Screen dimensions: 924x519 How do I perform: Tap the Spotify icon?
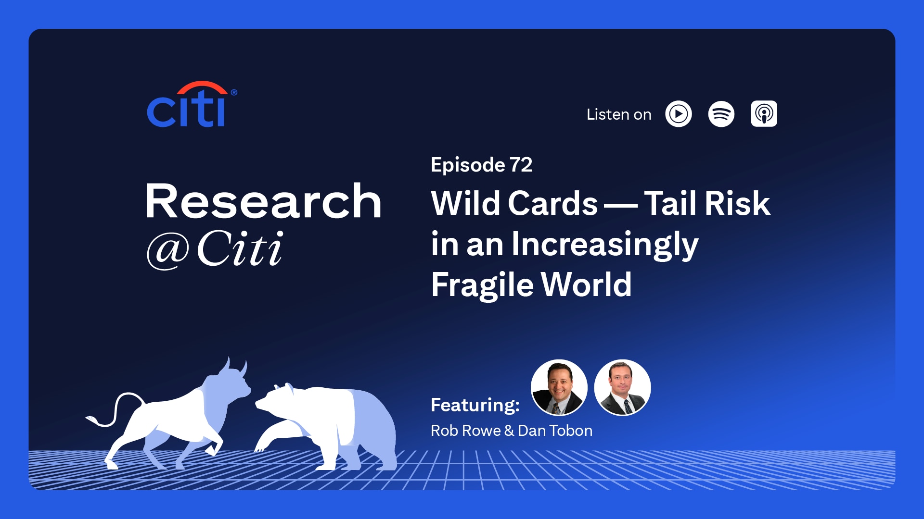(721, 114)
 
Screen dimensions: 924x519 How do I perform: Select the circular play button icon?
(679, 114)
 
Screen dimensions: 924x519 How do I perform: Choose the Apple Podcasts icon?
(764, 114)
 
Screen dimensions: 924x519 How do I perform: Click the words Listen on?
(619, 114)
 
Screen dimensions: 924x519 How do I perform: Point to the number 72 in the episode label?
(521, 165)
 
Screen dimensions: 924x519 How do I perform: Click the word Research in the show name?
(264, 201)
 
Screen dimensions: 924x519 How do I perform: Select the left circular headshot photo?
(559, 387)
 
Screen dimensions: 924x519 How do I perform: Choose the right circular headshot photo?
(622, 387)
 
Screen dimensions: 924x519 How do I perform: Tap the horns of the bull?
(236, 367)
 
